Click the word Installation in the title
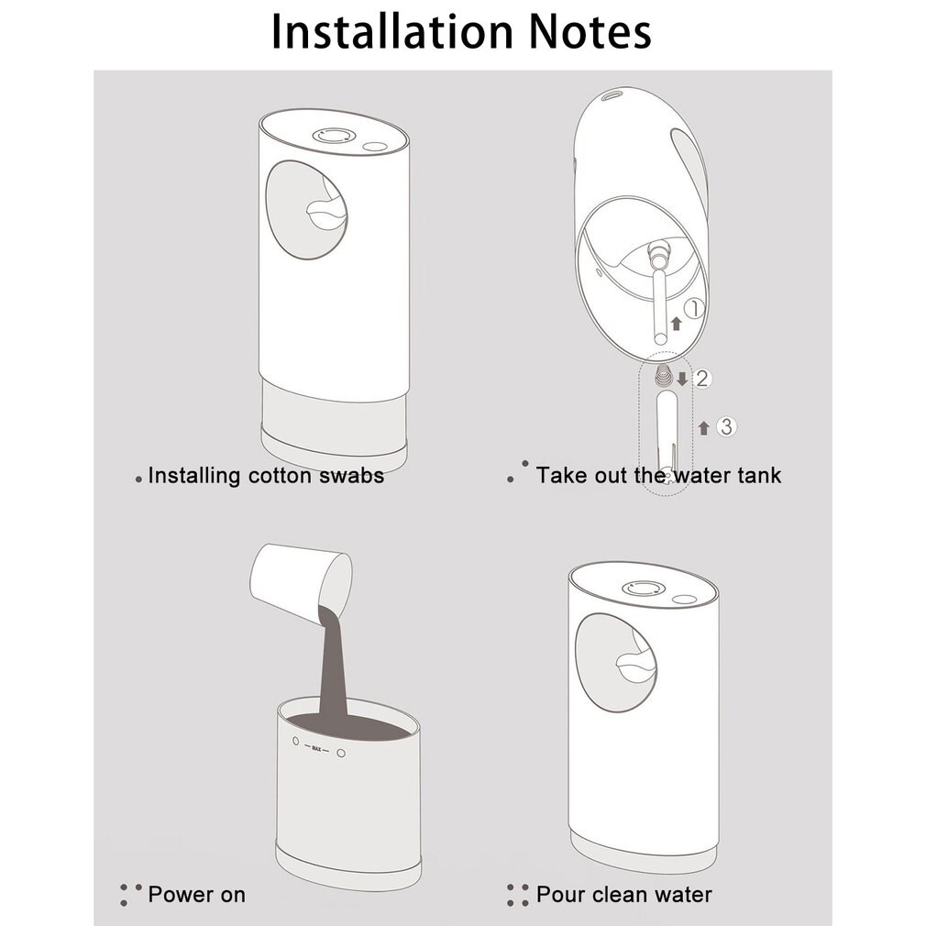coord(389,31)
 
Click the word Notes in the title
coord(581,31)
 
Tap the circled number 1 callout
coord(695,310)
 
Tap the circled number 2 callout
coord(702,378)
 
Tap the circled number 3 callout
coord(725,426)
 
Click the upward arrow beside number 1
coord(676,322)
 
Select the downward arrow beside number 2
coord(681,378)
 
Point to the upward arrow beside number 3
coord(704,427)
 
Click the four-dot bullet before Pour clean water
coord(517,895)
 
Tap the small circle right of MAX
coord(340,753)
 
